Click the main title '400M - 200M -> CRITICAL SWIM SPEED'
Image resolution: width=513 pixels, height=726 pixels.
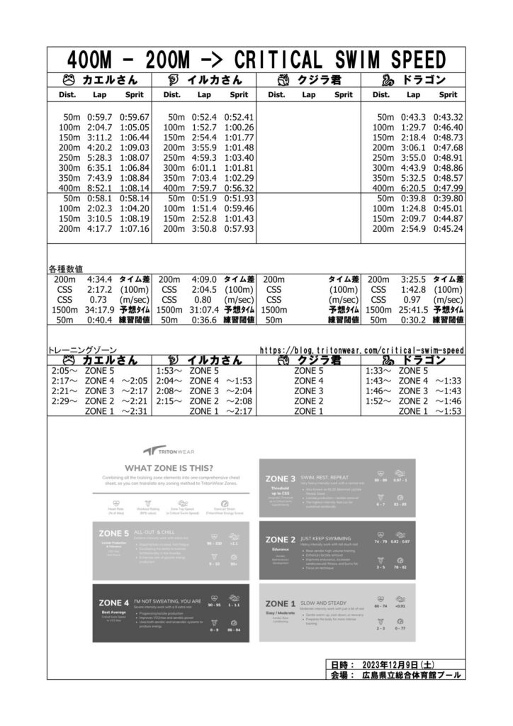pos(256,58)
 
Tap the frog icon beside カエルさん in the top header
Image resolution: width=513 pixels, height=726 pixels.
pos(69,79)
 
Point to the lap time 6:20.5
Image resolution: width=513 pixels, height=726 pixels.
pos(414,188)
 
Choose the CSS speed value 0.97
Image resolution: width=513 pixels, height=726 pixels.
pos(414,300)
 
